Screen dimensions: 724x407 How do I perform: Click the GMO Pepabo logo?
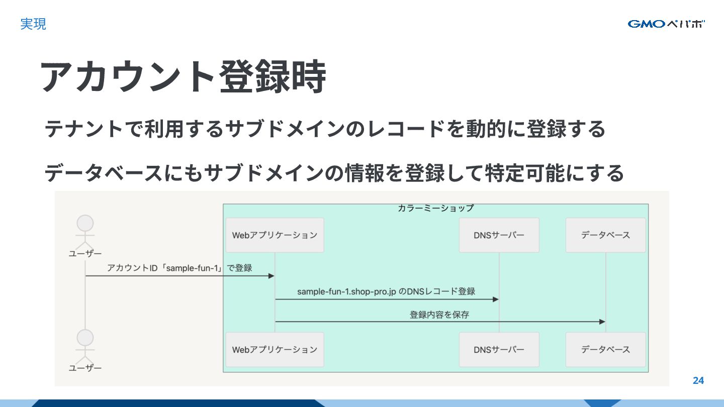[x=666, y=24]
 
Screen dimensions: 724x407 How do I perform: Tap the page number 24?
[x=698, y=380]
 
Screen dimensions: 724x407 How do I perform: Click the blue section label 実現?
[x=33, y=24]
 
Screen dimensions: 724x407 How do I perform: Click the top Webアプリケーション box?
[x=275, y=235]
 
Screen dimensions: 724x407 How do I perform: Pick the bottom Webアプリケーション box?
[x=275, y=349]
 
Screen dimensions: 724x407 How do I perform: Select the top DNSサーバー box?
[x=499, y=235]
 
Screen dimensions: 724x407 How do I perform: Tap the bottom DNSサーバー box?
[x=499, y=349]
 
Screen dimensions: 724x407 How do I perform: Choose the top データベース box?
[x=605, y=235]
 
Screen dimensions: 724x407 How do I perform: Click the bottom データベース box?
[x=605, y=349]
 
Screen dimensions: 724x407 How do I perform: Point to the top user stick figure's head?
[x=85, y=223]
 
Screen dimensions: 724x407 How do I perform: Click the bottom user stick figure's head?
[x=85, y=338]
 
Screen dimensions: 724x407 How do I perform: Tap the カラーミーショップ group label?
[x=435, y=208]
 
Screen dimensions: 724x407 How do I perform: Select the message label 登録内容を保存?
[x=439, y=315]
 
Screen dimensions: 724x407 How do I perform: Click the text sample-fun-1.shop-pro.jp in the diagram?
[x=346, y=291]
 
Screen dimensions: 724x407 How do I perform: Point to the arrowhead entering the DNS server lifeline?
[x=495, y=299]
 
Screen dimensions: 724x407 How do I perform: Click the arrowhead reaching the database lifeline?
[x=602, y=322]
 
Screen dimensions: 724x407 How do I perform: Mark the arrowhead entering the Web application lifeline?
[x=271, y=276]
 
